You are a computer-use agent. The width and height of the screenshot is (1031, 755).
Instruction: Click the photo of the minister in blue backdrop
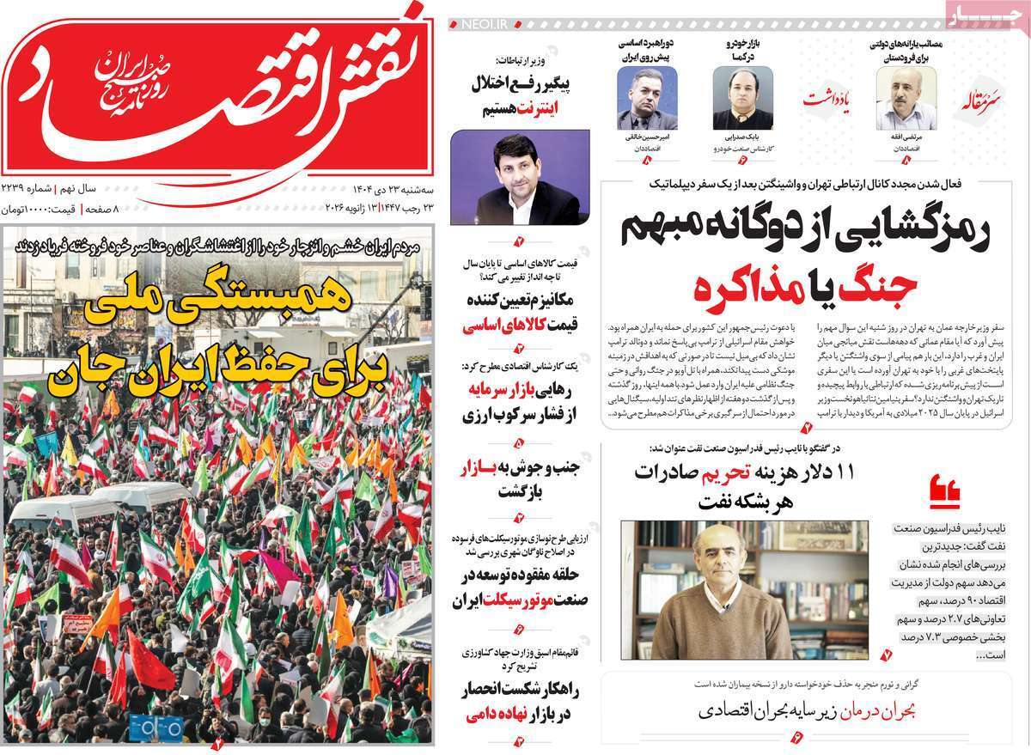(x=520, y=177)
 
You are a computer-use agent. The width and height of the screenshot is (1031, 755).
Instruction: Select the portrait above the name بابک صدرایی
(x=742, y=98)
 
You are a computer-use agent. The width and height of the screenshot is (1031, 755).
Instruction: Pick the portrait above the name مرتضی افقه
(x=906, y=98)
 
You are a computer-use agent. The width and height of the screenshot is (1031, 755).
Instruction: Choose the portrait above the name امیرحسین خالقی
(x=647, y=98)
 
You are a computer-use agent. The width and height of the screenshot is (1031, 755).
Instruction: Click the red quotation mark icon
(x=945, y=492)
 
